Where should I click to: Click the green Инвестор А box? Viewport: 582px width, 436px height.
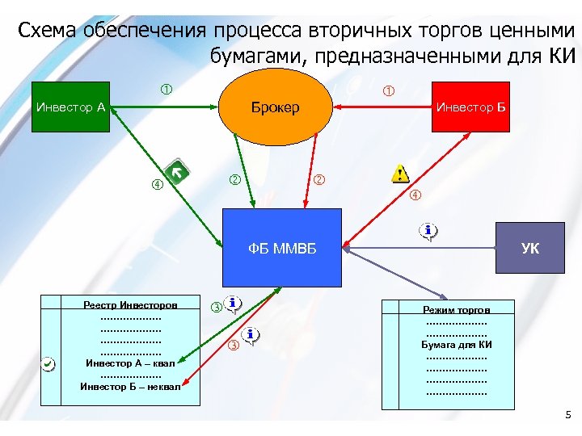[x=71, y=107]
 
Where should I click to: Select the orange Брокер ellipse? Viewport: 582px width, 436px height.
[x=275, y=107]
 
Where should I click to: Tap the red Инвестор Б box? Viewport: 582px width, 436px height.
[x=472, y=107]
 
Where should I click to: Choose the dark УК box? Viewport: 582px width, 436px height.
[x=530, y=248]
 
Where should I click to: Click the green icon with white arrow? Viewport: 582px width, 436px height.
[x=176, y=171]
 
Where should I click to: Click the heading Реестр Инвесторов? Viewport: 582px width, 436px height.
[x=130, y=304]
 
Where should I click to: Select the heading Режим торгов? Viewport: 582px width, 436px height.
[x=457, y=309]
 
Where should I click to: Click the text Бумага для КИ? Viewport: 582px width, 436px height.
[x=457, y=345]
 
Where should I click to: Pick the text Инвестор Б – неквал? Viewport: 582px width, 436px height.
[x=129, y=386]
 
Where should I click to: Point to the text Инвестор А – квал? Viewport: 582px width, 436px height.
[x=129, y=363]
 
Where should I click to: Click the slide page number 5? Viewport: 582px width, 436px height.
[x=567, y=415]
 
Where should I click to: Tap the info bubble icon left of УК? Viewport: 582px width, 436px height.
[x=429, y=231]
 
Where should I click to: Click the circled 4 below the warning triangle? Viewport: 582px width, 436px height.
[x=415, y=195]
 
